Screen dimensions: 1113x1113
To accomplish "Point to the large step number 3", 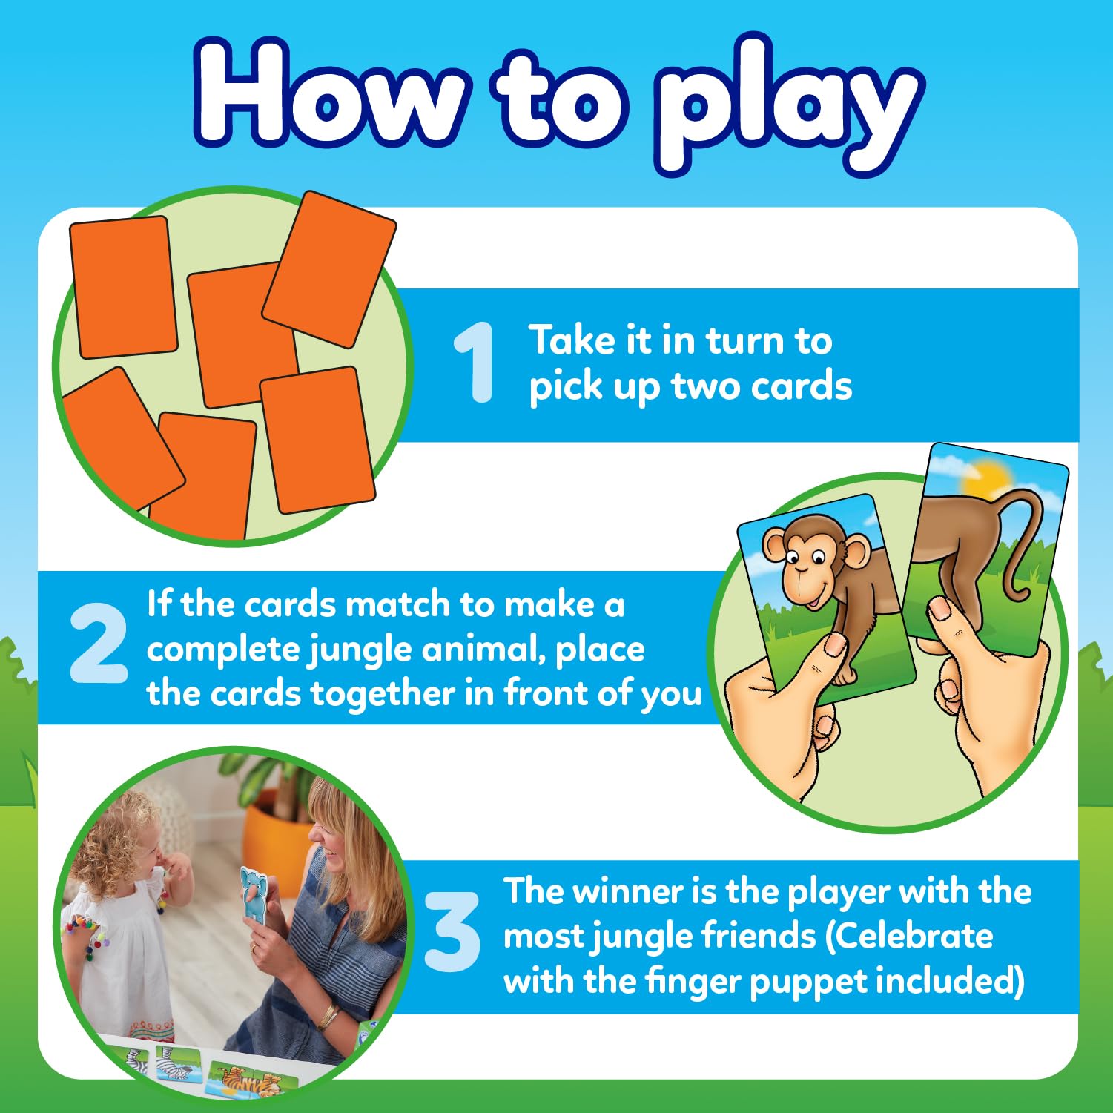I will [x=452, y=933].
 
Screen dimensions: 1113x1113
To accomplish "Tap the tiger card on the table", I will [x=245, y=1079].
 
